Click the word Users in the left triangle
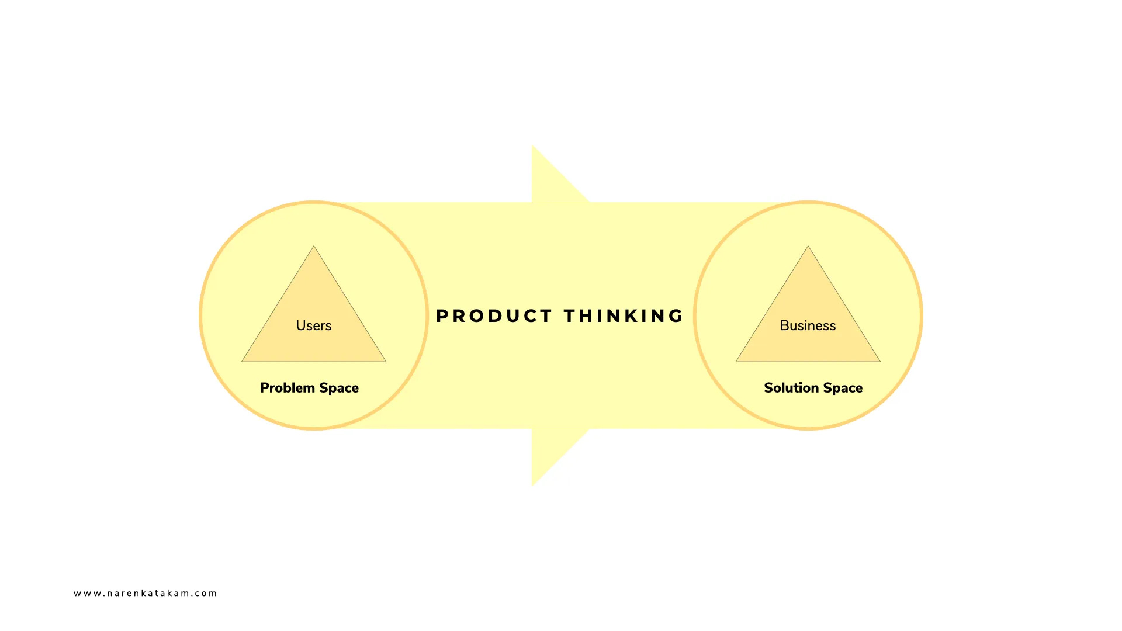[x=313, y=325]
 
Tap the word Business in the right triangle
[x=808, y=325]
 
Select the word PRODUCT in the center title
[x=494, y=316]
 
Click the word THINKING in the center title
[x=624, y=316]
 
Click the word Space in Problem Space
[x=339, y=388]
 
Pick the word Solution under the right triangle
[x=791, y=388]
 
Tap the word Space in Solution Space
[x=843, y=388]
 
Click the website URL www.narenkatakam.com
[x=145, y=593]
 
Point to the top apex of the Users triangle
[x=314, y=246]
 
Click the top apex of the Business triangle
[x=808, y=246]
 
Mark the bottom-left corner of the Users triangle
[x=242, y=362]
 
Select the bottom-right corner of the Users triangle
[x=386, y=362]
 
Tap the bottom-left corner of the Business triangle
[x=736, y=362]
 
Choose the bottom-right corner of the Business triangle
[x=880, y=362]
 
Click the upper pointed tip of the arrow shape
[x=533, y=146]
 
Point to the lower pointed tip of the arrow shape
[x=533, y=485]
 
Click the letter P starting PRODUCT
[x=442, y=316]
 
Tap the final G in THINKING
[x=677, y=316]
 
